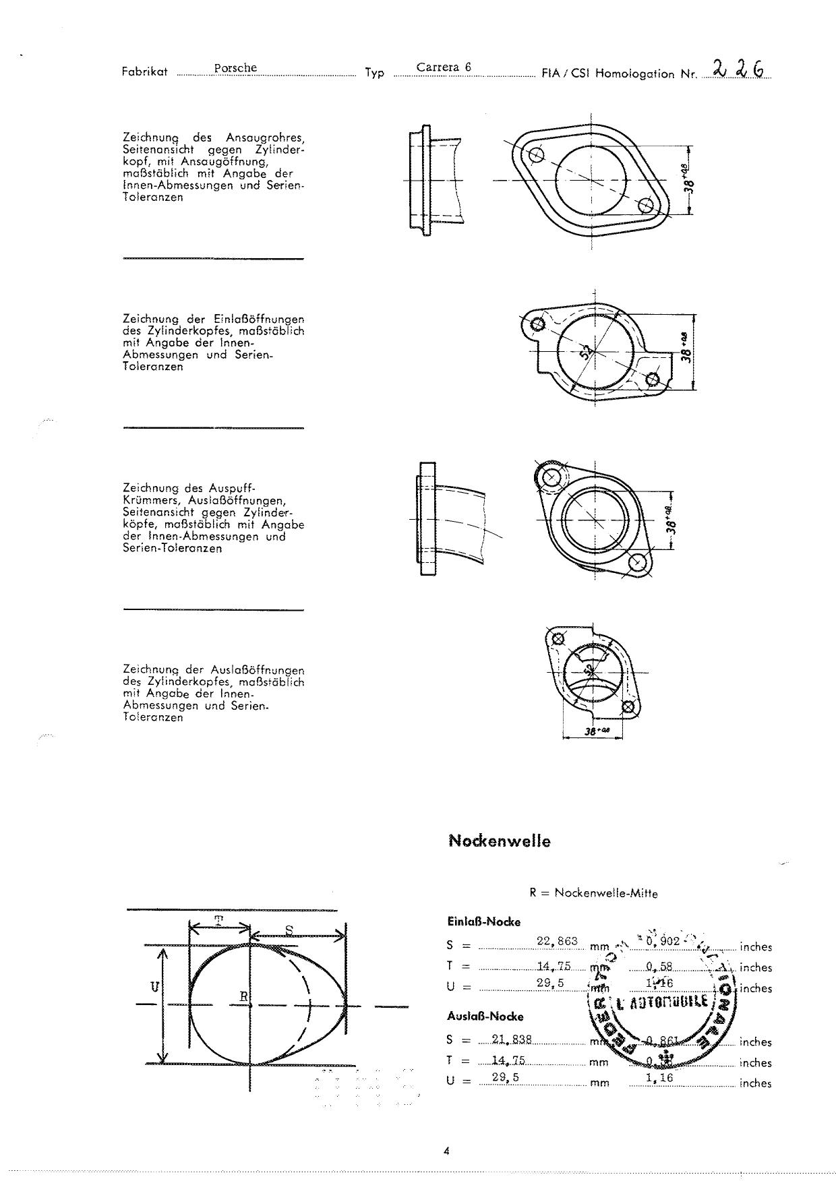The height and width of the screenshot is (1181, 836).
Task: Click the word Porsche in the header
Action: click(x=235, y=68)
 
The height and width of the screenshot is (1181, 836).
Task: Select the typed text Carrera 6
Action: click(x=443, y=67)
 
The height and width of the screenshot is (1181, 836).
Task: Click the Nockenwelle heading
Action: click(x=499, y=841)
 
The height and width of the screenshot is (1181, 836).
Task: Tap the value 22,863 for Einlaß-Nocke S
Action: click(x=557, y=941)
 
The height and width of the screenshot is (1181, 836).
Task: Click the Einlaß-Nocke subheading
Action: click(x=483, y=921)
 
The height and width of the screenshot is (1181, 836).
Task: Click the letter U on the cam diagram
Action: click(x=154, y=987)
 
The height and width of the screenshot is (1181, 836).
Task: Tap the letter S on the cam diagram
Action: click(x=289, y=930)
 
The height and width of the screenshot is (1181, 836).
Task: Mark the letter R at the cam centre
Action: click(x=244, y=996)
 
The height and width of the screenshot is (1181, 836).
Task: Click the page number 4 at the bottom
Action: click(x=446, y=1151)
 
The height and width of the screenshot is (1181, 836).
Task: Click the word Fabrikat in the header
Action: click(x=144, y=72)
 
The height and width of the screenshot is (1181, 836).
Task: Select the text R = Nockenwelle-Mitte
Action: click(x=593, y=893)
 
